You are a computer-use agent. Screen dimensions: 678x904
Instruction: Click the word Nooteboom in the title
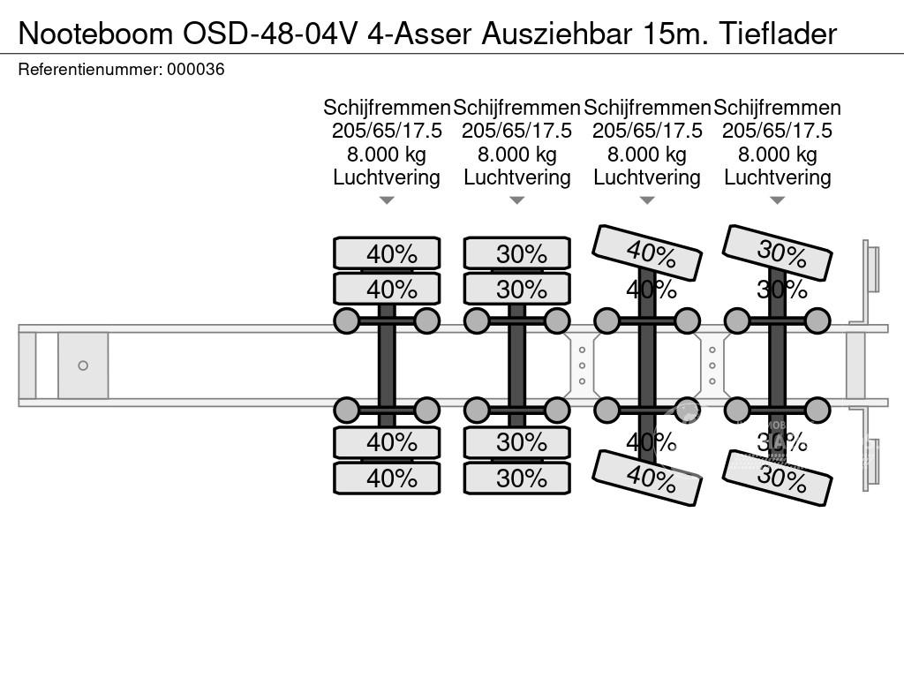(95, 33)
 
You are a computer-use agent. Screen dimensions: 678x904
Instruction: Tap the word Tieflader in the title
(777, 33)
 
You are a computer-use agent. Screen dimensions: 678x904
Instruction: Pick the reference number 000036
(195, 69)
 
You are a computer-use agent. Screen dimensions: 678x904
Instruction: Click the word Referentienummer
(89, 69)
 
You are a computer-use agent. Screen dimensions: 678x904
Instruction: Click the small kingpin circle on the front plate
(83, 365)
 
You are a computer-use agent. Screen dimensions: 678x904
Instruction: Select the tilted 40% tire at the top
(647, 252)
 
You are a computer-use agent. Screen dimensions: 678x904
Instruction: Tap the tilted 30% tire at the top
(778, 252)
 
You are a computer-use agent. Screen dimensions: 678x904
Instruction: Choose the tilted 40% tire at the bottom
(647, 478)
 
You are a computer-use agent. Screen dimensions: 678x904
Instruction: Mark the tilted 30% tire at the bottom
(778, 478)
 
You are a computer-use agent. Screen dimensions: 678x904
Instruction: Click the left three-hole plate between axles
(582, 365)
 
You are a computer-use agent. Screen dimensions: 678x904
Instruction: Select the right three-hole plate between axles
(712, 365)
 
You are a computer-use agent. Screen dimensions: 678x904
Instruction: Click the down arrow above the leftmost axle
(387, 200)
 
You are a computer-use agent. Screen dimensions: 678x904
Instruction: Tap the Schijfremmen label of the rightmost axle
(777, 108)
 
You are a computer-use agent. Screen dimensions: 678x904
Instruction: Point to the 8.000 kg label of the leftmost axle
(387, 154)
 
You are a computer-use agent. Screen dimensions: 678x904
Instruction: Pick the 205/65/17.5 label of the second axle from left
(517, 131)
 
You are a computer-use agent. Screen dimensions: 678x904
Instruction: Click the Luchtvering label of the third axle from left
(647, 177)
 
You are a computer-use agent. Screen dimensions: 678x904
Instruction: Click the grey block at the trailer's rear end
(855, 365)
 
